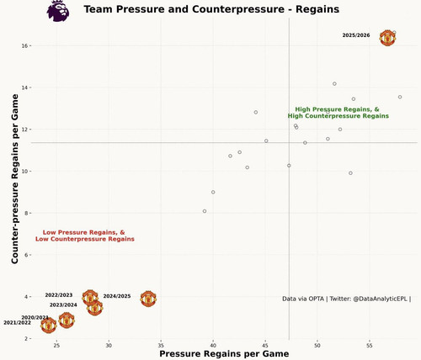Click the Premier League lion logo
pyautogui.click(x=58, y=11)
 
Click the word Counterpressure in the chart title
pyautogui.click(x=242, y=10)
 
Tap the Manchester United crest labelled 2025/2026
pyautogui.click(x=387, y=37)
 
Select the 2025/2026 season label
pyautogui.click(x=356, y=35)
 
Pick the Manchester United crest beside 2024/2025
pyautogui.click(x=148, y=299)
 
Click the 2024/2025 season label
pyautogui.click(x=117, y=296)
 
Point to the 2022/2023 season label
pyautogui.click(x=59, y=295)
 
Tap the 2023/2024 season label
pyautogui.click(x=63, y=304)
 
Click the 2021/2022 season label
pyautogui.click(x=17, y=323)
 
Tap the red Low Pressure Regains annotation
pyautogui.click(x=84, y=236)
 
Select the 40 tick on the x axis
pyautogui.click(x=213, y=346)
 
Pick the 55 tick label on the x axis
pyautogui.click(x=370, y=346)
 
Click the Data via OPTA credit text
pyautogui.click(x=346, y=299)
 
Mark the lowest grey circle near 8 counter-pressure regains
pyautogui.click(x=205, y=211)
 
